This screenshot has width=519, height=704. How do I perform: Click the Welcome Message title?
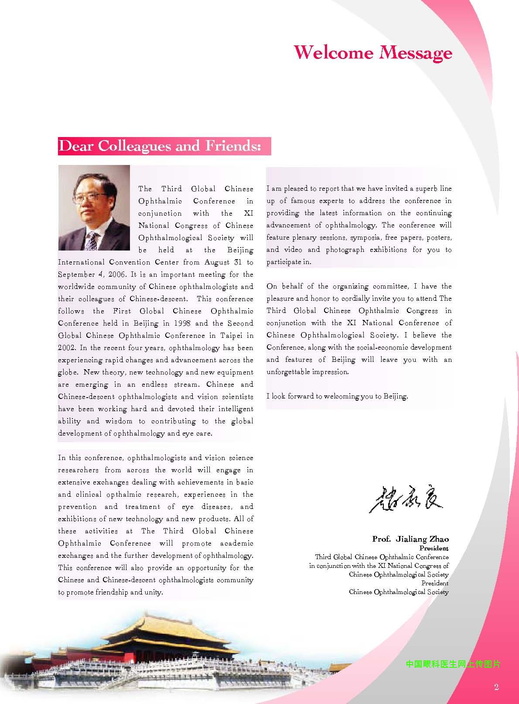click(x=373, y=52)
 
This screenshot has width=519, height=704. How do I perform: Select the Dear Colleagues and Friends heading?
click(x=160, y=146)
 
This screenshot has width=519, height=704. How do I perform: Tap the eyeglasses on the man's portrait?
click(x=90, y=198)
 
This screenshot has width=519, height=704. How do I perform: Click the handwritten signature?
click(x=406, y=498)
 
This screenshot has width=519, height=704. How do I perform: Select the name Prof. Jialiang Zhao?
click(x=410, y=539)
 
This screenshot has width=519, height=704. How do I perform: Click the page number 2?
click(x=496, y=687)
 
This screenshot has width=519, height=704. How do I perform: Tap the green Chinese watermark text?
click(x=453, y=664)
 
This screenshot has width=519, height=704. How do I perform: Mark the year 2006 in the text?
click(x=115, y=275)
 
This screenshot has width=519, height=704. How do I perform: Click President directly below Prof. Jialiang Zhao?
click(x=434, y=548)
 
